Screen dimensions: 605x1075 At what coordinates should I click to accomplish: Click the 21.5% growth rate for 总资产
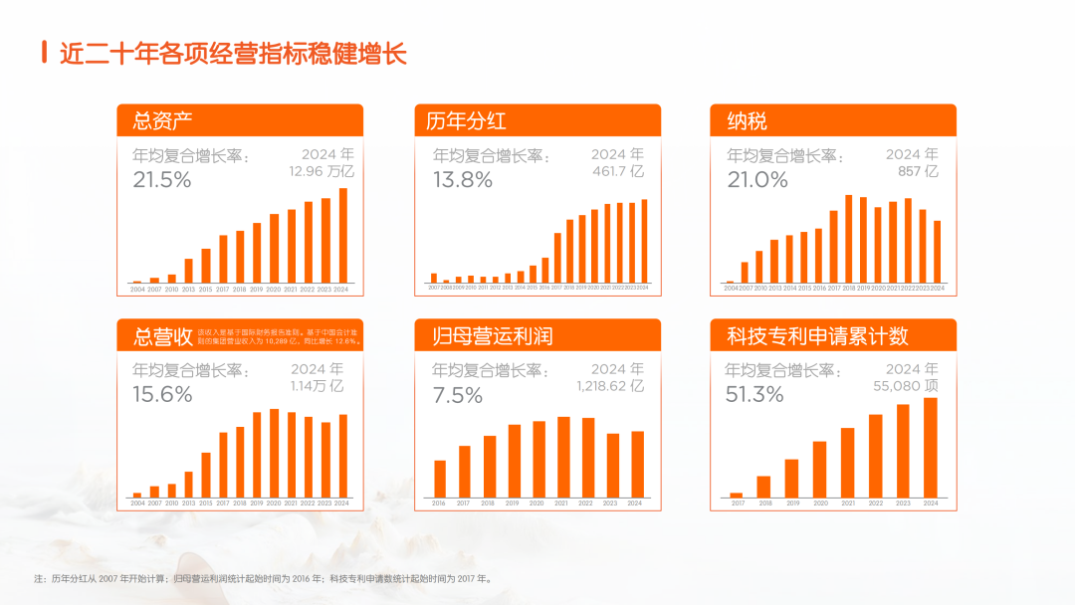point(161,180)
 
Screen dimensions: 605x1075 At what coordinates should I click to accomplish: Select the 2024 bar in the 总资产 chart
point(343,235)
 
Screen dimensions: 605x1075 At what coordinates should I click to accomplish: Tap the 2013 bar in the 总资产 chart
point(188,271)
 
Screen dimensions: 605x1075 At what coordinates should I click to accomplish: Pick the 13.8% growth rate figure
point(462,180)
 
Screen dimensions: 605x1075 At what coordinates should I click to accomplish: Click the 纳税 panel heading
point(747,122)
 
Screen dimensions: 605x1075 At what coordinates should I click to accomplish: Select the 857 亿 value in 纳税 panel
point(918,171)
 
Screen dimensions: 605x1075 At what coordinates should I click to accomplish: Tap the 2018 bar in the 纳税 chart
point(849,238)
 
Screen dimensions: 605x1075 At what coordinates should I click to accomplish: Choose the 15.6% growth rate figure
point(162,394)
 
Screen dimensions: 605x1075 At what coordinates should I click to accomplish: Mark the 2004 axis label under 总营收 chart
point(137,504)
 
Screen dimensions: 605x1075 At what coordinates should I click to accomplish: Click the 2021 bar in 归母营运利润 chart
point(563,457)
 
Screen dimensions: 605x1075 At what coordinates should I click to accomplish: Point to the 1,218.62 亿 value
point(610,385)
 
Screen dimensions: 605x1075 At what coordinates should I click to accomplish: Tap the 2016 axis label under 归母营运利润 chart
point(439,504)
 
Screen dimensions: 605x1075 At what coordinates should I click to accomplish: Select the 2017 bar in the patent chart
point(737,495)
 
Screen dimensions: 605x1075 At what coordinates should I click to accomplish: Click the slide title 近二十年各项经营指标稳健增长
point(233,53)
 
